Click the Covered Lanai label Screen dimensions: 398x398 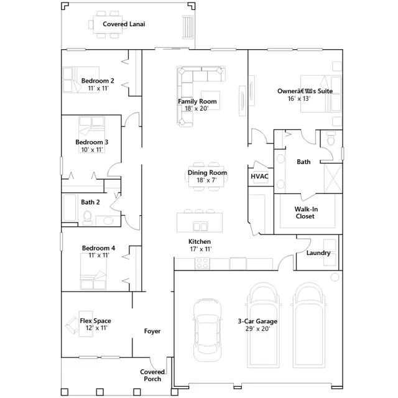[x=124, y=24]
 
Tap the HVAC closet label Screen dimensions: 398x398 [x=259, y=176]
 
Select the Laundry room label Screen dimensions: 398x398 [x=318, y=253]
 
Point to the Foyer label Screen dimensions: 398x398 [x=152, y=331]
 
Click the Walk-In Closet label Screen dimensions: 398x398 [x=305, y=213]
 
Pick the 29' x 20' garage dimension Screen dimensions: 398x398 [x=257, y=329]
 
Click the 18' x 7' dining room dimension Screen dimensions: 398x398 [x=206, y=180]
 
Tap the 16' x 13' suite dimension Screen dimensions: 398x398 [x=299, y=98]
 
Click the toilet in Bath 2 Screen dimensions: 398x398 [x=87, y=218]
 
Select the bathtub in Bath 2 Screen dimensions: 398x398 [x=70, y=208]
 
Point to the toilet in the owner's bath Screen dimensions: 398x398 [x=331, y=138]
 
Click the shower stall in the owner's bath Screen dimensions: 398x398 [x=333, y=178]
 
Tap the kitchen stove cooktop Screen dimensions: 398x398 [x=202, y=263]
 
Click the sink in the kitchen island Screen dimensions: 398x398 [x=200, y=226]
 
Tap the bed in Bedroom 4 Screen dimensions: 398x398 [x=93, y=271]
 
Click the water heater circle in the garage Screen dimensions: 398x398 [x=335, y=277]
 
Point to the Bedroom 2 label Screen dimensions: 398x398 [x=98, y=81]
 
